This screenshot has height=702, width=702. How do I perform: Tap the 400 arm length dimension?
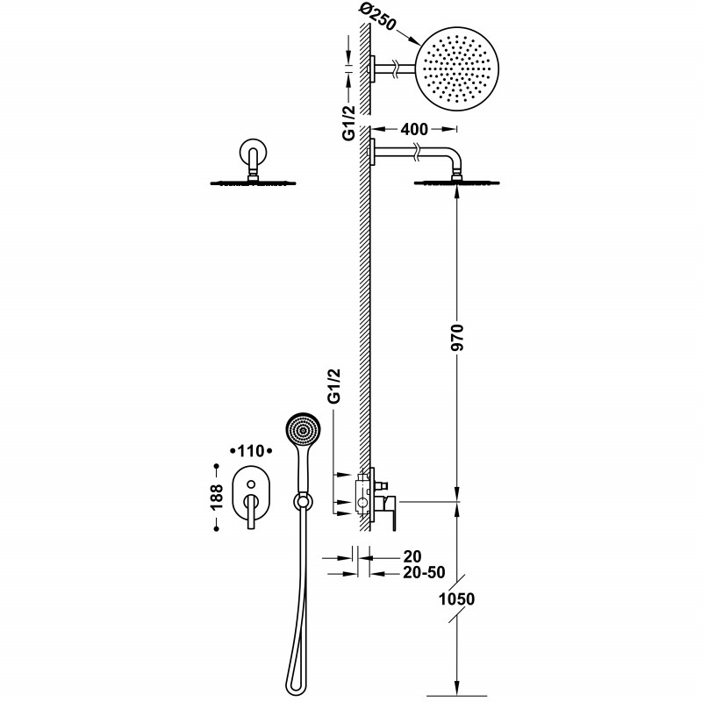click(414, 129)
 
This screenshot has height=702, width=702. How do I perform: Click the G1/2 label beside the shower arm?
click(348, 124)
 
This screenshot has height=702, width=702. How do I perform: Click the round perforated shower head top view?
click(458, 67)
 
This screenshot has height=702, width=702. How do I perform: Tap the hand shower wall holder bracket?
click(304, 501)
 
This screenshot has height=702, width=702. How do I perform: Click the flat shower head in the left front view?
click(254, 183)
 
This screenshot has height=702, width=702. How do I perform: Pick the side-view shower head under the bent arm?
click(457, 183)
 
